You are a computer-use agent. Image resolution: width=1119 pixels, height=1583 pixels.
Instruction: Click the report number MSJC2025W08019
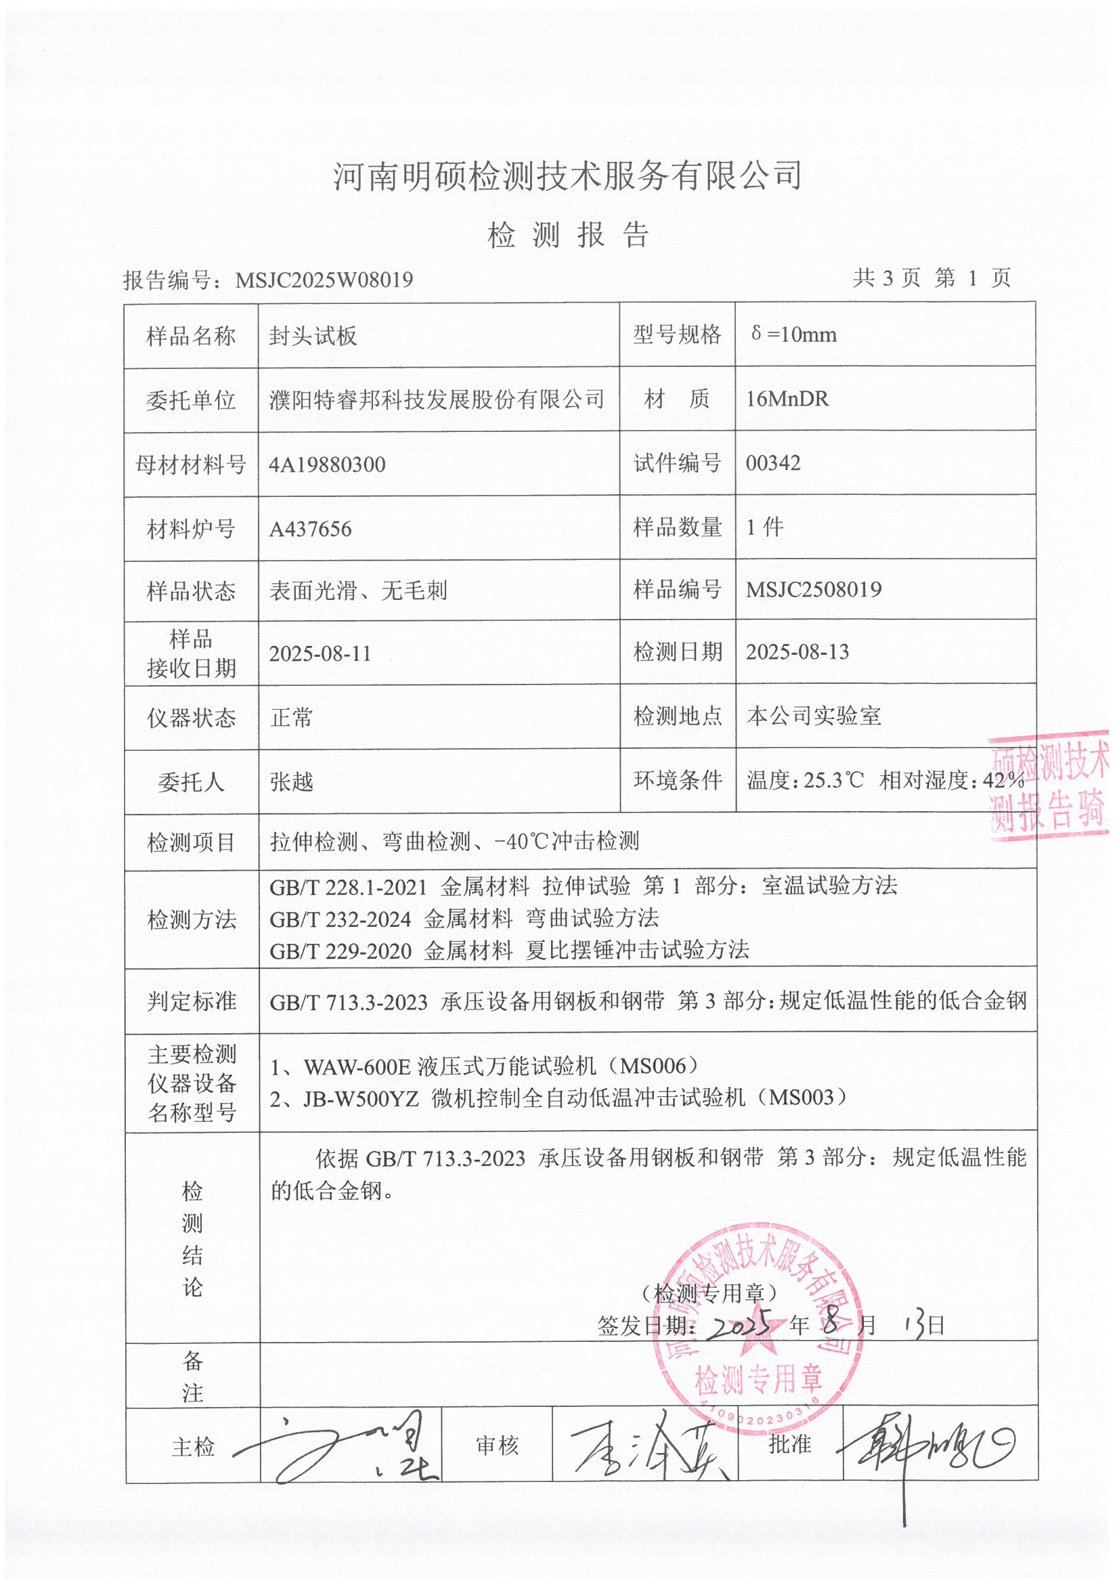coord(324,280)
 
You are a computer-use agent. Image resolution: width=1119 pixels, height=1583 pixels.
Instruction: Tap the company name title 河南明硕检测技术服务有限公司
coord(567,176)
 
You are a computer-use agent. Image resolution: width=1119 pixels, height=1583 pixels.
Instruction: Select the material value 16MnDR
coord(787,399)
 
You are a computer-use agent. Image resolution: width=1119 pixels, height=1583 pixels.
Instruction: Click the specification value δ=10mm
coord(793,335)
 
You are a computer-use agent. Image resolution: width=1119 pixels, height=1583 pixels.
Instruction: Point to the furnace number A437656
coord(310,529)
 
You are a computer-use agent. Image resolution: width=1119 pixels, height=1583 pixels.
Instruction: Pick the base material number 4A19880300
coord(327,464)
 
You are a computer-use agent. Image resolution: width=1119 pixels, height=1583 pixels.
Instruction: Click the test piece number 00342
coord(773,462)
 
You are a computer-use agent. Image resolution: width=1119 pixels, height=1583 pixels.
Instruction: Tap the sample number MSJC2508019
coord(814,590)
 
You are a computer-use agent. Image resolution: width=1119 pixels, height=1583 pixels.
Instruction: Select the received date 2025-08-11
coord(320,653)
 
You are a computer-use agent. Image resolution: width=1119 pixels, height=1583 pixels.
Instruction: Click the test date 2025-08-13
coord(797,652)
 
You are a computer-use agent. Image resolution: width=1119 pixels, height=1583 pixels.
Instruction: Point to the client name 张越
coord(292,782)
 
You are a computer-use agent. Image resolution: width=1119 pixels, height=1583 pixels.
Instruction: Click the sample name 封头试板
coord(313,337)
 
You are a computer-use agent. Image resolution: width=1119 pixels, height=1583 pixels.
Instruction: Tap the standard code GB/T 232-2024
coord(340,919)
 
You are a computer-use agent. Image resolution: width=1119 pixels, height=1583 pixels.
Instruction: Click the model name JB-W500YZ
coord(361,1098)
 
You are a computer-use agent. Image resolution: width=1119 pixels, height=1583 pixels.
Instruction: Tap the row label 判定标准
coord(192,1001)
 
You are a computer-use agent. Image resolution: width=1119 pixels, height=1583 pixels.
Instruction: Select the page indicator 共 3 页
coord(886,278)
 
